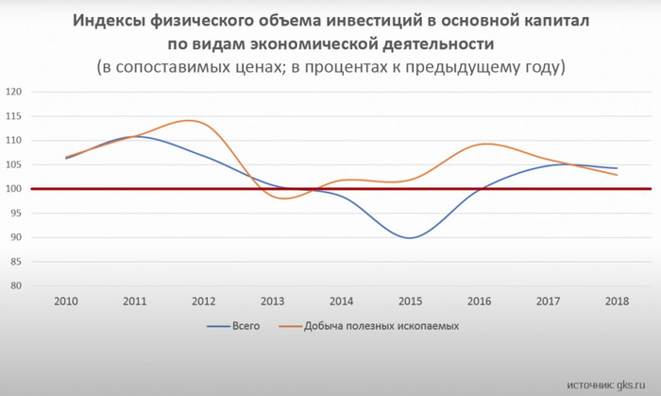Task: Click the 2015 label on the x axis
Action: click(x=410, y=301)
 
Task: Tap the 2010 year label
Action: click(x=66, y=301)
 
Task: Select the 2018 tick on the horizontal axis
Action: click(x=617, y=301)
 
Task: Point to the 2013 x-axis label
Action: click(x=272, y=301)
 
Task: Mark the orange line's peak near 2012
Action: click(x=194, y=121)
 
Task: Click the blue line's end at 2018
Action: click(x=618, y=168)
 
